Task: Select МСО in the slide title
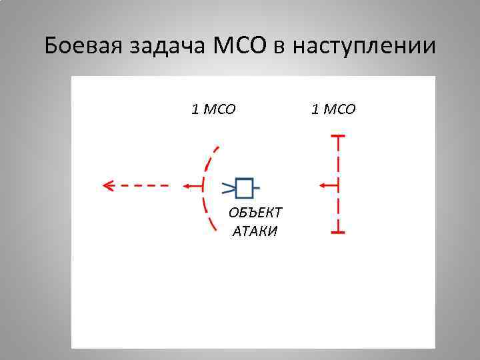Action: (x=240, y=47)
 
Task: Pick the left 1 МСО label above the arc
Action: (x=213, y=109)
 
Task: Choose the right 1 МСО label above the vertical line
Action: (x=333, y=109)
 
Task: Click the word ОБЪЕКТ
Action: (x=255, y=212)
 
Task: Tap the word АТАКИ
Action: (x=255, y=231)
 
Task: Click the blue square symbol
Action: (x=245, y=188)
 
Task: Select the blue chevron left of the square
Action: (x=228, y=187)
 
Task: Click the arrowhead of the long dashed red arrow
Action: (x=107, y=185)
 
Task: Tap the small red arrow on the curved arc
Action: (x=193, y=185)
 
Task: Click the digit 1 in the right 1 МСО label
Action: (x=314, y=109)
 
